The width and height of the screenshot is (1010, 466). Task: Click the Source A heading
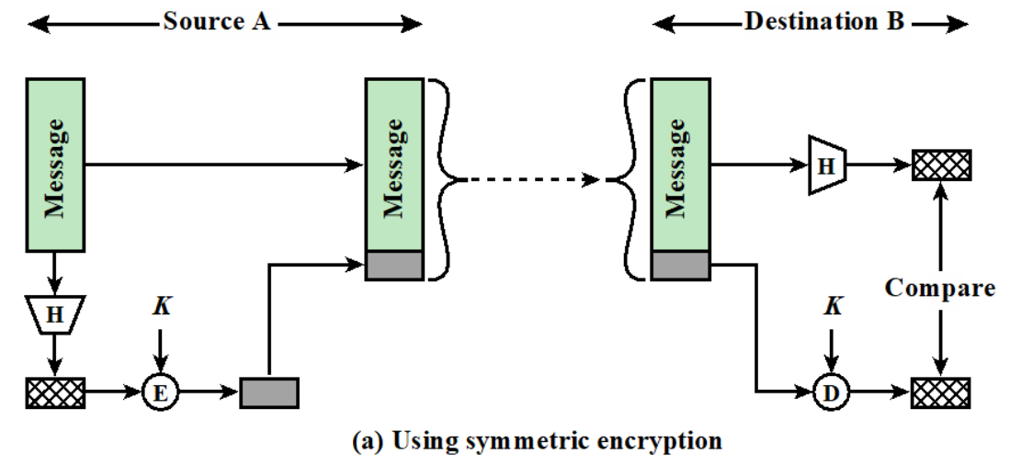(x=217, y=21)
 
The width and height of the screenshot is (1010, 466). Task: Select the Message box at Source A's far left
(x=55, y=165)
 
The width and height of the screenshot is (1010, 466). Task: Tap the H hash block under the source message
(x=55, y=315)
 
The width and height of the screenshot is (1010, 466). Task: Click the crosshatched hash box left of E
(x=55, y=392)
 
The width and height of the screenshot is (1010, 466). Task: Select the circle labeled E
(x=160, y=392)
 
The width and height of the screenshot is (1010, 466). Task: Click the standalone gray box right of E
(x=269, y=392)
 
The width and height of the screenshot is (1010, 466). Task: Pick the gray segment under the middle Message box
(x=394, y=265)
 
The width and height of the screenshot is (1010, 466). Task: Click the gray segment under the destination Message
(x=679, y=265)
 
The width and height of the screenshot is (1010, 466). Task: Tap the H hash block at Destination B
(x=827, y=165)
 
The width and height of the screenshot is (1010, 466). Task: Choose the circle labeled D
(x=831, y=392)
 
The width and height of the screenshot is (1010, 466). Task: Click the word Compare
(x=939, y=288)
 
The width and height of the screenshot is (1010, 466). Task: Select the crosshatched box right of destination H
(x=941, y=165)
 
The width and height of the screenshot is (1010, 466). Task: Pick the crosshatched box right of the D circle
(x=941, y=392)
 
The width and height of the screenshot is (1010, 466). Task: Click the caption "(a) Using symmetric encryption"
(x=537, y=441)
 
